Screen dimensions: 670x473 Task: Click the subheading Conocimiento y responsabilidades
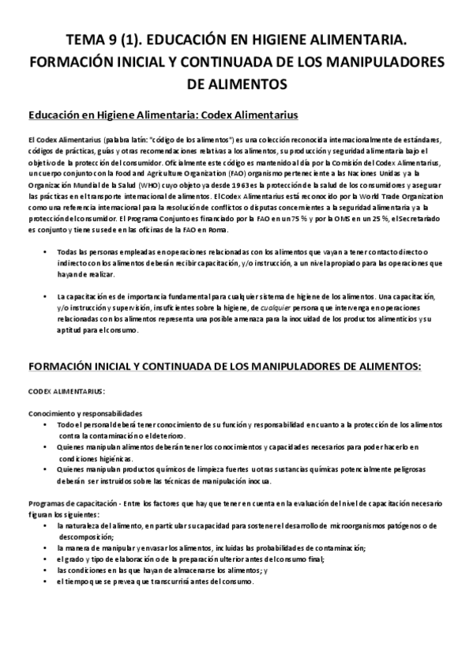pos(85,413)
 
